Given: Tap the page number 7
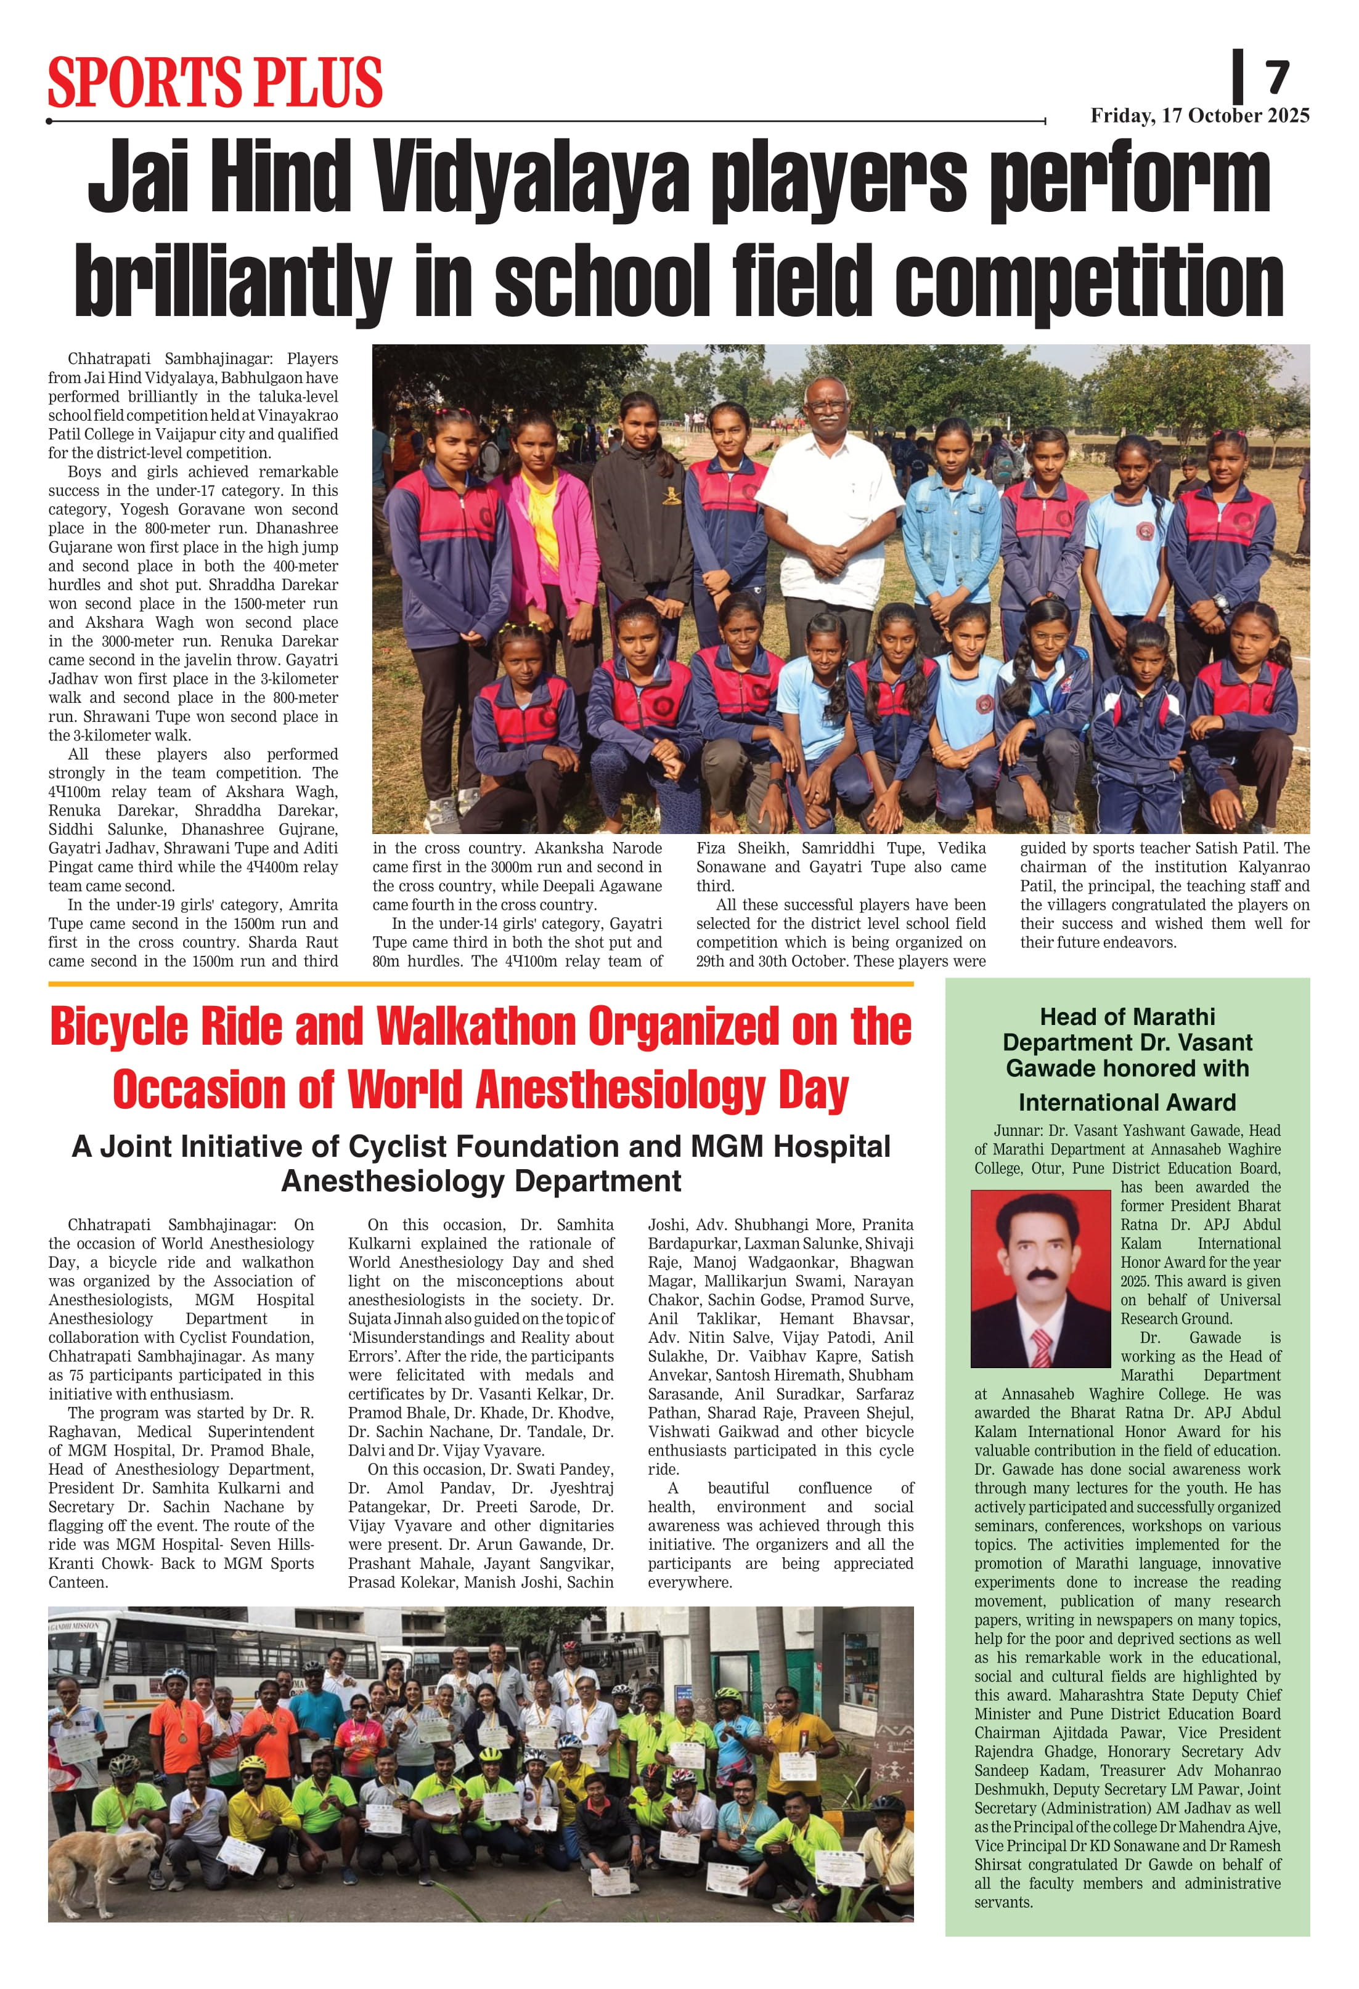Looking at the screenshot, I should [1277, 78].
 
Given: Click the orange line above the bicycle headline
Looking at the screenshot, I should [480, 984].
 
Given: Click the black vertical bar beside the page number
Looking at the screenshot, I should [1238, 77].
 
